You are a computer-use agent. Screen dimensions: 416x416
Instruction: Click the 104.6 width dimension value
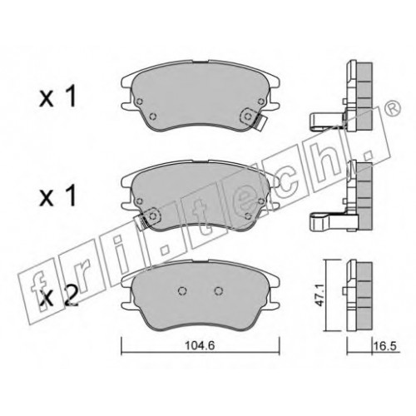[x=200, y=346]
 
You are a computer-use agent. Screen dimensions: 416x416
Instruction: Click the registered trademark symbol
[x=394, y=108]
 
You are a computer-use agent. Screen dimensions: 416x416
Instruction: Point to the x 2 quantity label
[x=58, y=298]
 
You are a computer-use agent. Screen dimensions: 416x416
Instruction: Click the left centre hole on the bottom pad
[x=182, y=290]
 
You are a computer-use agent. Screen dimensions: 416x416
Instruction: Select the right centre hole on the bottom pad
[x=219, y=290]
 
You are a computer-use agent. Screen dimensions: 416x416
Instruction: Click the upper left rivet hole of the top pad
[x=140, y=102]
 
